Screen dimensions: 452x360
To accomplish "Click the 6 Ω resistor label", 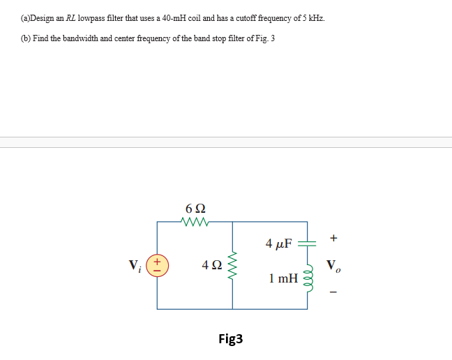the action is click(195, 208).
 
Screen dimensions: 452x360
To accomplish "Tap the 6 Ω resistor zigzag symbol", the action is click(195, 223).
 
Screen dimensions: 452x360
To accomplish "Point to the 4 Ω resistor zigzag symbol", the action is click(232, 265).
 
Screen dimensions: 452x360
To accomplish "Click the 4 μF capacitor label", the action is click(279, 243).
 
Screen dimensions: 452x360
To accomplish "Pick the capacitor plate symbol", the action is click(307, 243).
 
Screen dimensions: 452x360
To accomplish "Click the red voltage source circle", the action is click(157, 265).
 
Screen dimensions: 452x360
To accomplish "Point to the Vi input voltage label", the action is click(135, 266).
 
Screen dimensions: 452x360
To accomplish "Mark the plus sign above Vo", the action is click(333, 239).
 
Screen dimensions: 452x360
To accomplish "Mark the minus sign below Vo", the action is click(333, 292).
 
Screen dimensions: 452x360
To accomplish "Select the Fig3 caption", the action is click(230, 340).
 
